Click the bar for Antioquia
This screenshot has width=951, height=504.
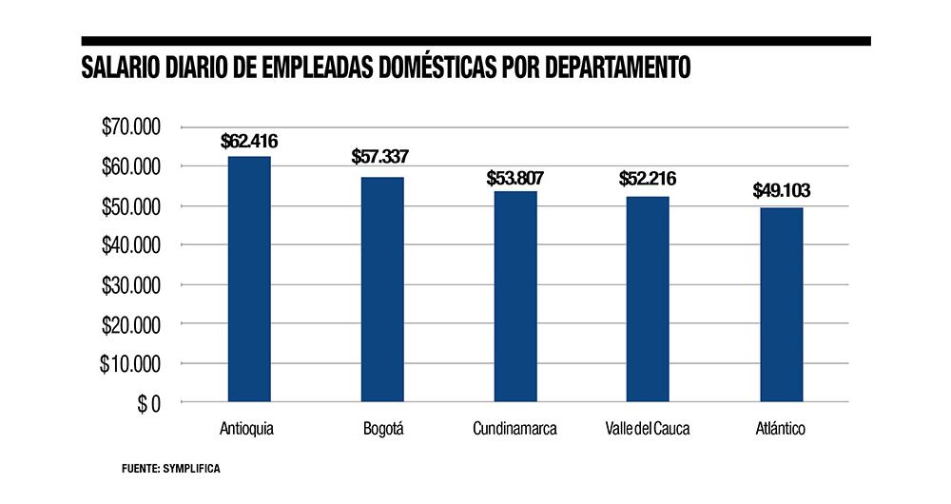(x=249, y=280)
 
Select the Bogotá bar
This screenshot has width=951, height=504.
(x=382, y=290)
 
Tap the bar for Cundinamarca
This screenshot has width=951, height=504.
(x=515, y=297)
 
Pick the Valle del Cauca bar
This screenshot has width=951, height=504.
(x=648, y=300)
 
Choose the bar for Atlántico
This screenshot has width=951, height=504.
(x=781, y=305)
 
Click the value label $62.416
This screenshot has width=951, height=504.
(x=249, y=143)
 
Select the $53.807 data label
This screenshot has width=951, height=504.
(x=514, y=178)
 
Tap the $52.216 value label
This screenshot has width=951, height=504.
(x=647, y=178)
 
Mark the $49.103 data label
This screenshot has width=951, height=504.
(x=781, y=190)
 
